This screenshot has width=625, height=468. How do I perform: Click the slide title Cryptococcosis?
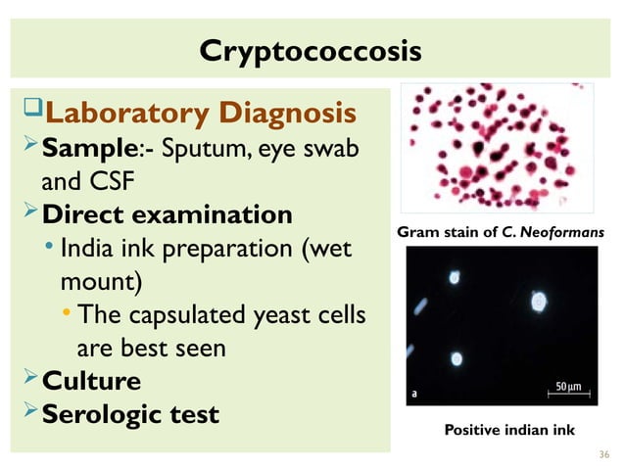pyautogui.click(x=311, y=50)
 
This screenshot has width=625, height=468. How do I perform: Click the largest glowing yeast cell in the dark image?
pyautogui.click(x=538, y=302)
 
